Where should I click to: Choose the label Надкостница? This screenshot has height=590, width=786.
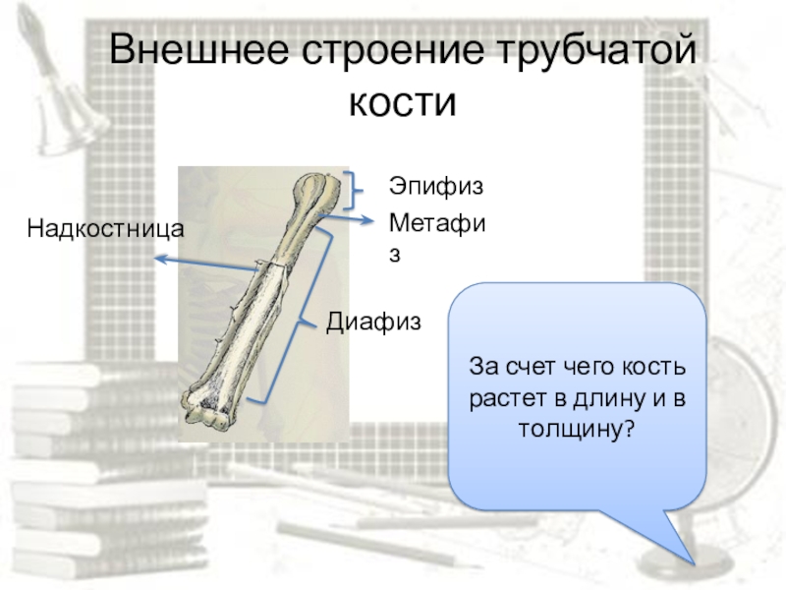click(x=106, y=229)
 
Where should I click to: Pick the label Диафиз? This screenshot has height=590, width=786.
click(x=373, y=321)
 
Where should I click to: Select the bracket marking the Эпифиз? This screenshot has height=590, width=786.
click(x=351, y=190)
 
